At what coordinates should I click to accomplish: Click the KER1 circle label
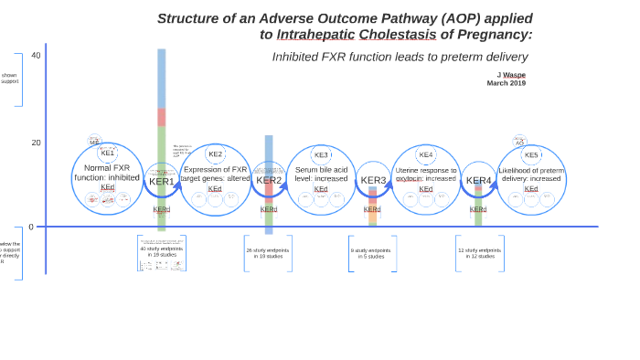tap(162, 181)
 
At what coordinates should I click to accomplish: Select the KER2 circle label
tap(269, 180)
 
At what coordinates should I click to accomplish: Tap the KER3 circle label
tap(373, 180)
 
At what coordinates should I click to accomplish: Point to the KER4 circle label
tap(478, 180)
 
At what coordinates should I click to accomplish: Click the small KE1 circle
tap(108, 153)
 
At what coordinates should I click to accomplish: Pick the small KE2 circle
tap(215, 154)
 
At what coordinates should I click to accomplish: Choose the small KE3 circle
tap(321, 154)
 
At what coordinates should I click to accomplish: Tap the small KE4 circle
tap(426, 154)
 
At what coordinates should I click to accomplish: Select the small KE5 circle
tap(531, 154)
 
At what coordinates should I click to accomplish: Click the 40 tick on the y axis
tap(36, 56)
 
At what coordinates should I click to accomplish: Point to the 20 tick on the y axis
tap(36, 143)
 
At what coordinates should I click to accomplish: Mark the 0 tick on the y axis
tap(31, 227)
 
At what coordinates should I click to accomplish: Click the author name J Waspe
tap(511, 74)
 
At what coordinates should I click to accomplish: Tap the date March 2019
tap(506, 83)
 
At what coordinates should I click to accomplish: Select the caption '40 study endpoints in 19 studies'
tap(161, 251)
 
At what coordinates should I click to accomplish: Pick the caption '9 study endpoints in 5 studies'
tap(370, 253)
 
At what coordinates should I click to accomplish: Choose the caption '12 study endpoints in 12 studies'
tap(480, 253)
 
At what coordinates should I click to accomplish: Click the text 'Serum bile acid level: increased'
tap(321, 174)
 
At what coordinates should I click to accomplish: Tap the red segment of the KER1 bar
tap(162, 117)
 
